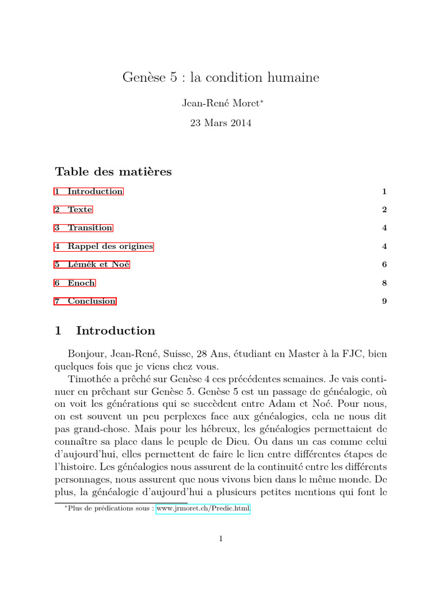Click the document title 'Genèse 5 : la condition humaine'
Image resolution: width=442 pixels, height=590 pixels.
coord(220,77)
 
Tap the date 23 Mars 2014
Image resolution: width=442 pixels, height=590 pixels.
coord(220,123)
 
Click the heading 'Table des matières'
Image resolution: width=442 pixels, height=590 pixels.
coord(113,172)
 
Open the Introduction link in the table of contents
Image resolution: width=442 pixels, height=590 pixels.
coord(95,191)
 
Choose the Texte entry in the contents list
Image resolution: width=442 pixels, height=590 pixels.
coord(80,210)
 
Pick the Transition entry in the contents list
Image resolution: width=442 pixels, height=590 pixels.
coord(90,228)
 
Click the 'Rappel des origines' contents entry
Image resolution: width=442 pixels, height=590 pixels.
coord(110,246)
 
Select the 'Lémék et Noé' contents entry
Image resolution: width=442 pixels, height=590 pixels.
coord(98,264)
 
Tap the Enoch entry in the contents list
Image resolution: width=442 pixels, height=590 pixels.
coord(81,283)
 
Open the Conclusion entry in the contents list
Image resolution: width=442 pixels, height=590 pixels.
coord(92,301)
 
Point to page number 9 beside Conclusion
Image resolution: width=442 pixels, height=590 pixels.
coord(384,301)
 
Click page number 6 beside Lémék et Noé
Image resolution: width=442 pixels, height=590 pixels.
coord(384,264)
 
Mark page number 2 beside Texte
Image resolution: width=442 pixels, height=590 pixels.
coord(384,210)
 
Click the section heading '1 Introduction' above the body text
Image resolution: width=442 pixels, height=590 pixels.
coord(105,331)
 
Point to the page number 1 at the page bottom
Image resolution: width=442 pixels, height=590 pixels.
coord(220,539)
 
